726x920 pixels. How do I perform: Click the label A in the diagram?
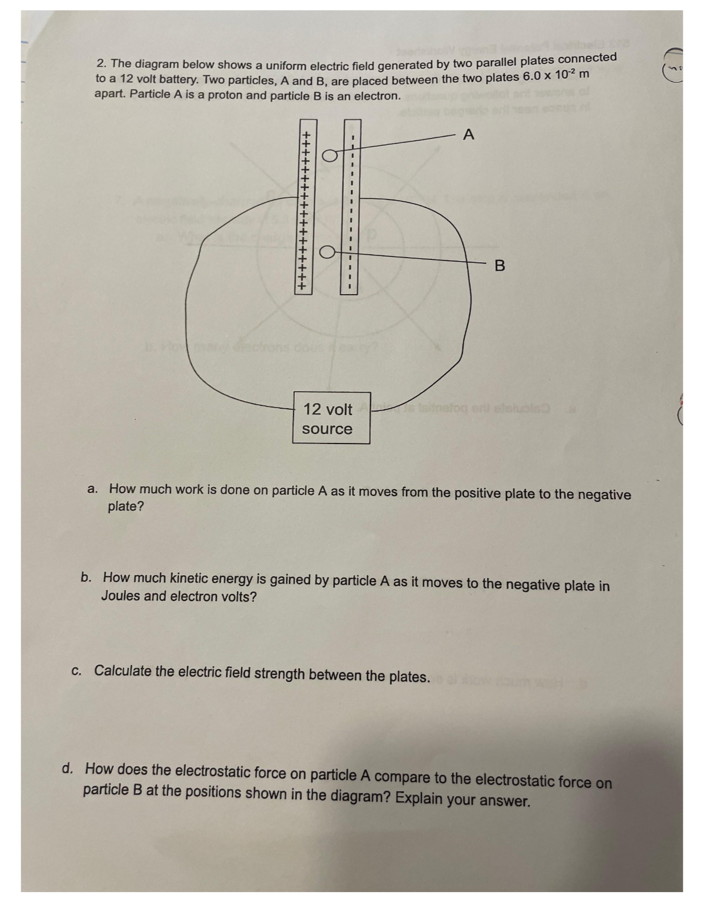469,135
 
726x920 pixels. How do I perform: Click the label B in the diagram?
500,266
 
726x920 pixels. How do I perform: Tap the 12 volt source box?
331,418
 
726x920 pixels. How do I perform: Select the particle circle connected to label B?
327,253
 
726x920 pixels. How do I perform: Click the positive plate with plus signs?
305,208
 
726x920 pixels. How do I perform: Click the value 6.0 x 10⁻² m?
556,76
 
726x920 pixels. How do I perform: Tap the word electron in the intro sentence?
376,96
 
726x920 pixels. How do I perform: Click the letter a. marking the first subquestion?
92,489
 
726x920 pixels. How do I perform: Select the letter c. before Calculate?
77,670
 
